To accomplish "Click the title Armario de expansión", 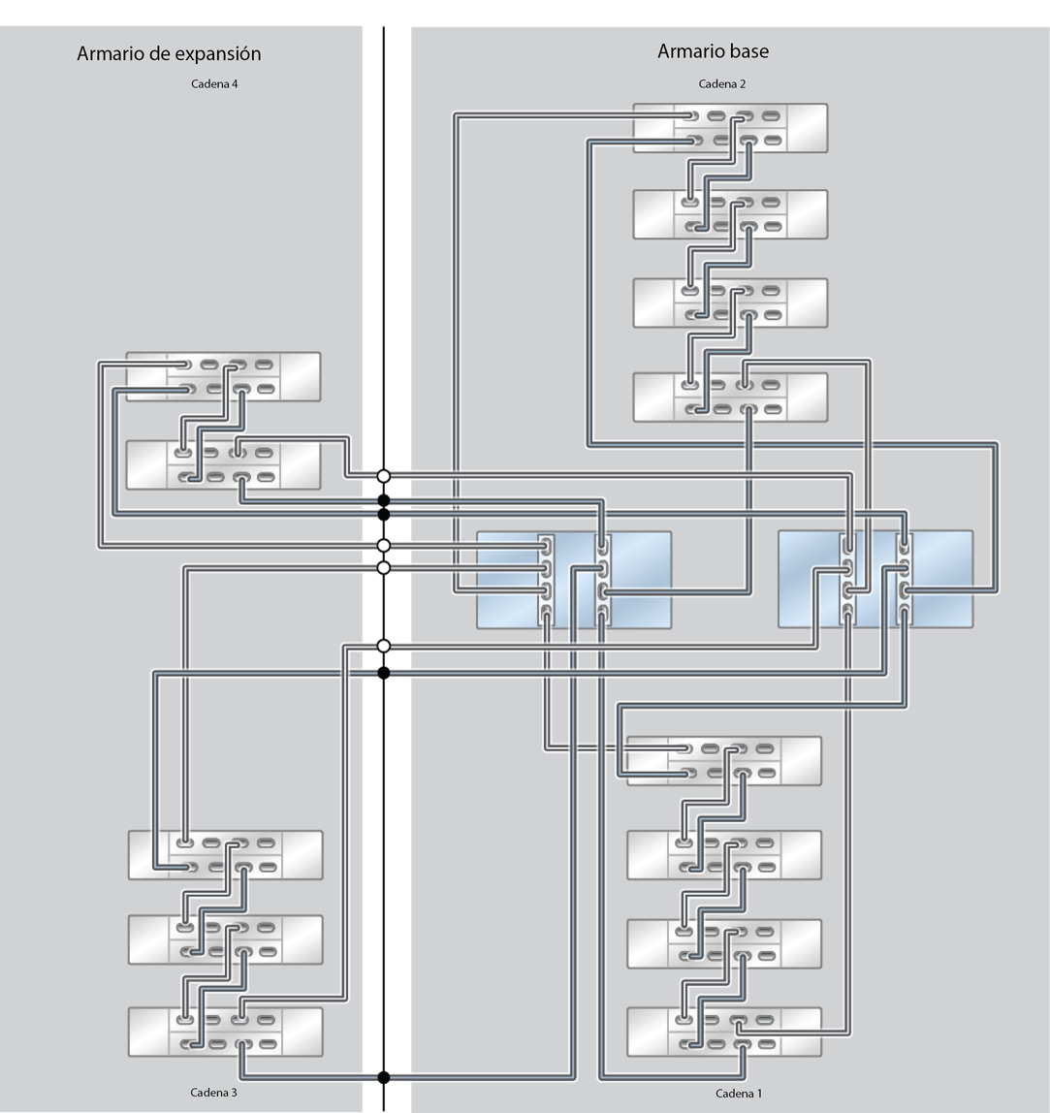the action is coord(169,54).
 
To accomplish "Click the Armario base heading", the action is coord(713,51).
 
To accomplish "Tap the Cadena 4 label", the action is coord(214,83).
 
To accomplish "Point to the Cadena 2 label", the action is coord(722,83).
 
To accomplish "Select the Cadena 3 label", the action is coord(213,1093).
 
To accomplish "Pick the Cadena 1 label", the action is coord(739,1094).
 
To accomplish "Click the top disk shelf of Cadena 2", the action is coord(730,129).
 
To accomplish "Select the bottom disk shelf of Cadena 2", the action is coord(730,397).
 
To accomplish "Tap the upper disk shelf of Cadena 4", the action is coord(224,377).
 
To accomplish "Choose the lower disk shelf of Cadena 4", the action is coord(224,465).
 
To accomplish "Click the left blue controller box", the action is coord(574,580).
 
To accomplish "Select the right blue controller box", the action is coord(875,579).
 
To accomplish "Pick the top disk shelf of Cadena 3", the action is coord(226,855).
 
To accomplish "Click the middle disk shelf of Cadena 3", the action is coord(226,939).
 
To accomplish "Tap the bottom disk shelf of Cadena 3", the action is coord(226,1032).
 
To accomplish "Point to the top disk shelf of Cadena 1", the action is coord(724,761).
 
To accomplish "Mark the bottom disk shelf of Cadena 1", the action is coord(724,1033).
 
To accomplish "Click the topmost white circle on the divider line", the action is coord(383,476).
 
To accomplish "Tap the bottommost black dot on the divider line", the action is coord(383,1077).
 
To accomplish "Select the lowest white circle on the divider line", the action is coord(383,646).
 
